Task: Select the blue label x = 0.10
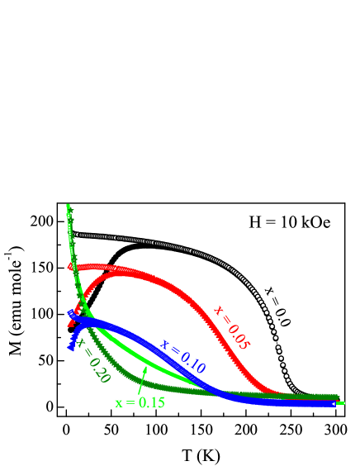coord(182,356)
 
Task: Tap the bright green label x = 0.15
coord(140,402)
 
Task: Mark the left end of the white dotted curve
coord(74,235)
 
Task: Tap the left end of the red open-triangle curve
coord(71,266)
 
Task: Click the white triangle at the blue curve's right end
coord(333,403)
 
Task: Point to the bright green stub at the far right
coord(340,403)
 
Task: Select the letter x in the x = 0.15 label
coord(118,403)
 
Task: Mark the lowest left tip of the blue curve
coord(71,347)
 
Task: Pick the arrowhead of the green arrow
coord(146,369)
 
